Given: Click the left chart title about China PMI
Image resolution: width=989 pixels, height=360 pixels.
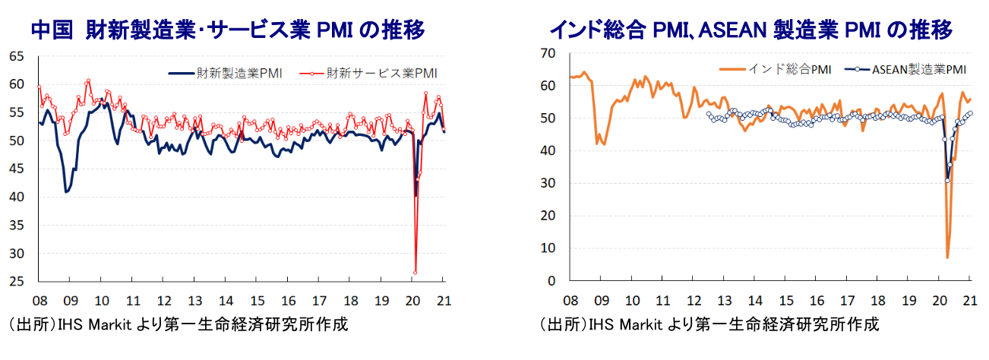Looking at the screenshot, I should (x=227, y=30).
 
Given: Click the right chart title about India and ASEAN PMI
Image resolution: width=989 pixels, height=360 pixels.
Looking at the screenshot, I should (x=751, y=30).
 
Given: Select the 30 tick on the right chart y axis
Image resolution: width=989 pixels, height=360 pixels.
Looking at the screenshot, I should (x=549, y=183).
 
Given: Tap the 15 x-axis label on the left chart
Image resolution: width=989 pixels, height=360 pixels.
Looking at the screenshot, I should (x=258, y=300).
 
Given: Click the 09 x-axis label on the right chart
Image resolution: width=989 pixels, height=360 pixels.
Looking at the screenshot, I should (x=601, y=298).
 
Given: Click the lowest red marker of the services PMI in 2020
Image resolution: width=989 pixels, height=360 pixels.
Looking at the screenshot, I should (x=416, y=272).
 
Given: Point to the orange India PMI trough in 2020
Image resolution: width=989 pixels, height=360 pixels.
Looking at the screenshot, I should (x=947, y=257).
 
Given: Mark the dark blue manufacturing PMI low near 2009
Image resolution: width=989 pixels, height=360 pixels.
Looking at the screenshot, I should (x=67, y=192).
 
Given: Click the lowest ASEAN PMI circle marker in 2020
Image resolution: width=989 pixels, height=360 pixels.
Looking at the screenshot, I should (x=947, y=180).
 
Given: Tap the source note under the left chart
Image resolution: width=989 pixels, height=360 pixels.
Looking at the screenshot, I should (x=179, y=325).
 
